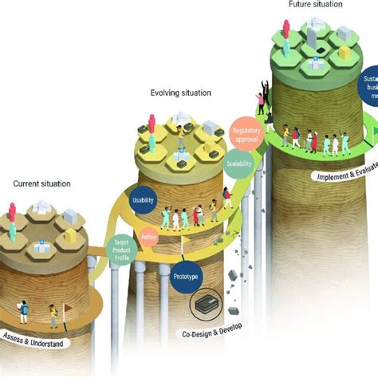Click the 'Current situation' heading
click(41, 183)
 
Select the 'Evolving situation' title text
click(181, 93)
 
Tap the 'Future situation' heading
click(315, 5)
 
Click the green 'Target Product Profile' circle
click(120, 250)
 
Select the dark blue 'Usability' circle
click(144, 201)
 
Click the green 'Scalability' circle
click(239, 163)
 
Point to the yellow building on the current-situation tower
click(69, 236)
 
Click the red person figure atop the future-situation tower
click(285, 30)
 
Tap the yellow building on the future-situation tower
click(345, 52)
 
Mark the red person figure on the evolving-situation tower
click(152, 123)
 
